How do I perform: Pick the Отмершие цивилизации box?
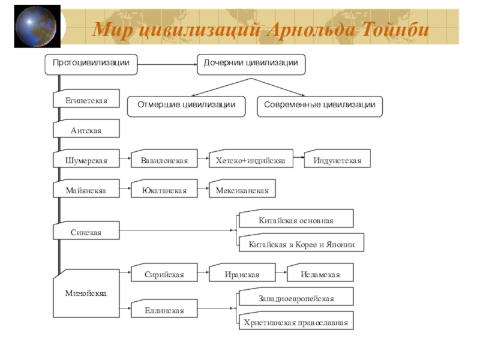click(187, 106)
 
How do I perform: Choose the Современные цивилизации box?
click(320, 106)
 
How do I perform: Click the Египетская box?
click(86, 100)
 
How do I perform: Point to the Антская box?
click(86, 130)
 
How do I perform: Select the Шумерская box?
click(86, 160)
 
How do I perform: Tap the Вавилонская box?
click(164, 160)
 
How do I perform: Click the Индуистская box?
click(337, 160)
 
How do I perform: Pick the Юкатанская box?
click(164, 190)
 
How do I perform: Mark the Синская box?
click(86, 232)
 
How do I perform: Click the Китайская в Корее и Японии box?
click(301, 244)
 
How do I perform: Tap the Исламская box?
click(320, 274)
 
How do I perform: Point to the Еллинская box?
click(164, 310)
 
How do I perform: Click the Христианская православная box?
click(296, 322)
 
